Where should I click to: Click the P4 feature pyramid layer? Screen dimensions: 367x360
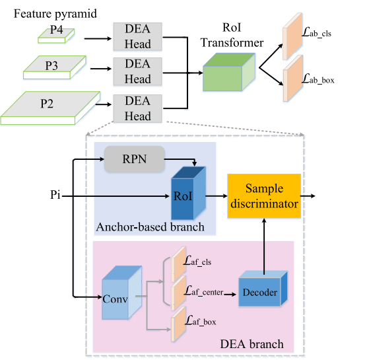click(x=56, y=36)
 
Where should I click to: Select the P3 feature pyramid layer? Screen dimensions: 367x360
click(x=55, y=67)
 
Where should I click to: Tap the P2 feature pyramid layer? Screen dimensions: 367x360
click(x=50, y=108)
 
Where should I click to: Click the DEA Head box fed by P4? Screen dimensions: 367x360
click(x=137, y=36)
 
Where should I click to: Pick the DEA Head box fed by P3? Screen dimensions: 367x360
click(x=137, y=71)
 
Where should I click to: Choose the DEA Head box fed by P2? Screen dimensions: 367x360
click(x=137, y=108)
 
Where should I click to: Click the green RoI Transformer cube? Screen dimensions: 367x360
click(x=229, y=72)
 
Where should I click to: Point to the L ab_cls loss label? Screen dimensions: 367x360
click(x=316, y=32)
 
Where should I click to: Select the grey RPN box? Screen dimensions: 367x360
click(x=135, y=159)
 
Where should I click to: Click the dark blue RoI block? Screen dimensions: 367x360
click(x=189, y=194)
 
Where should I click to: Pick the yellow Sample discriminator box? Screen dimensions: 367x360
click(x=264, y=196)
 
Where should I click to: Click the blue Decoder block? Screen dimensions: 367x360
click(x=263, y=289)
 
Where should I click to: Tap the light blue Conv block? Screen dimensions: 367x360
click(x=122, y=293)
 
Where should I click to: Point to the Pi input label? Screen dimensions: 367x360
click(x=55, y=195)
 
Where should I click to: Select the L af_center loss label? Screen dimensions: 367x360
click(x=203, y=291)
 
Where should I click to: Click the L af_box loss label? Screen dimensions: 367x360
click(x=201, y=320)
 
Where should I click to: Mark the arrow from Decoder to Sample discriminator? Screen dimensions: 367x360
click(x=264, y=246)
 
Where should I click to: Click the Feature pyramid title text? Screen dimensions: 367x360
click(x=55, y=14)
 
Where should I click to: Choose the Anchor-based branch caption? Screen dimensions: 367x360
click(x=150, y=227)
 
